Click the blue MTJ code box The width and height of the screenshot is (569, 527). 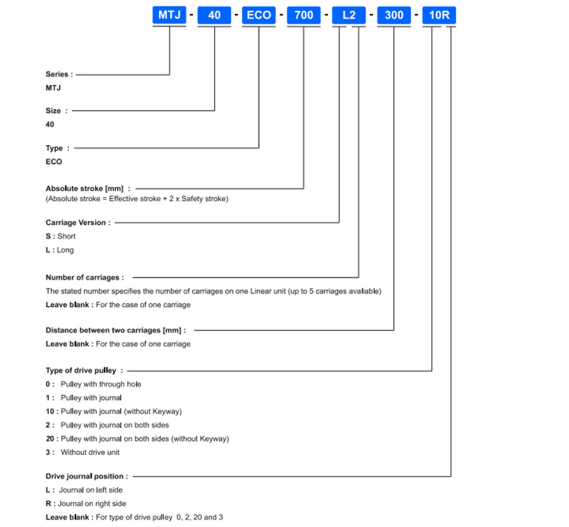pos(169,15)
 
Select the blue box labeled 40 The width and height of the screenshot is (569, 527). pos(214,15)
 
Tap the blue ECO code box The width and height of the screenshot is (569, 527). pos(259,15)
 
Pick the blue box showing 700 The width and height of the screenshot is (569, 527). pos(303,15)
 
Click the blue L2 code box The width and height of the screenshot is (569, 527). pos(349,15)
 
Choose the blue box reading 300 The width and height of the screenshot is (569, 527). pos(394,15)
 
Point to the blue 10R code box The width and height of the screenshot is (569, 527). pos(439,15)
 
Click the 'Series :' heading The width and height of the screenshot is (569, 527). pos(59,74)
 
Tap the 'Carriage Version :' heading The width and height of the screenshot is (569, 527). pos(78,223)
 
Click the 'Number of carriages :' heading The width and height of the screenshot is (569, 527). pos(85,277)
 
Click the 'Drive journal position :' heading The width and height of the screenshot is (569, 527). pos(87,476)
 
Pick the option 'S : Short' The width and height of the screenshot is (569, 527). pos(60,236)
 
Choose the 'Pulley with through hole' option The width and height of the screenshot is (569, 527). pos(101,384)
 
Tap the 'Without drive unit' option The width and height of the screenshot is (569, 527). pos(90,452)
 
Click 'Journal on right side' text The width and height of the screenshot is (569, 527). pos(92,503)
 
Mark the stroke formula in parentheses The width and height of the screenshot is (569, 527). pos(137,199)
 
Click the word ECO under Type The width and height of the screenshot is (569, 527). pos(54,162)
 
